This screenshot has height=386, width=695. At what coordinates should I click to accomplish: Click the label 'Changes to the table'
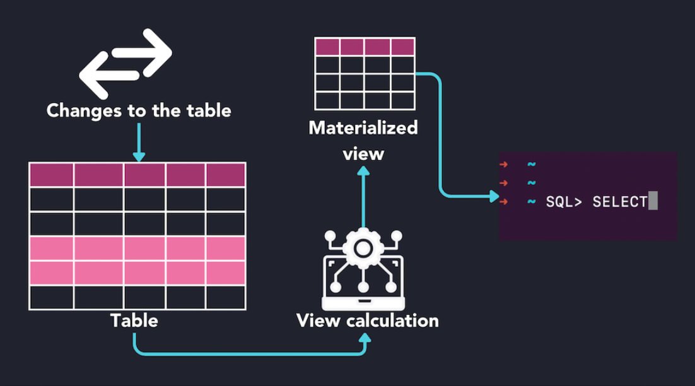tap(139, 112)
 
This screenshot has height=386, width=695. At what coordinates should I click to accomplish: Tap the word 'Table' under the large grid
tap(134, 320)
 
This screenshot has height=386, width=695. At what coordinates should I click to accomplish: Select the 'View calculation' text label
tap(368, 320)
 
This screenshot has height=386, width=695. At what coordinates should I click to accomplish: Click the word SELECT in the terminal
tap(619, 202)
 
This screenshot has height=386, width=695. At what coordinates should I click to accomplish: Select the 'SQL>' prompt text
tap(563, 202)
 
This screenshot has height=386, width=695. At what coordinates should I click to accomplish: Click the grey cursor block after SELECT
tap(653, 202)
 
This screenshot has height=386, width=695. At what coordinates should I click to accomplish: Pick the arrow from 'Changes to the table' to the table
tap(139, 142)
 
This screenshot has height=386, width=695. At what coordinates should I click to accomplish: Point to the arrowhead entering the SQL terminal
tap(493, 196)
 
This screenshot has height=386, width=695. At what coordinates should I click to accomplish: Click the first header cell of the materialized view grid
tap(327, 47)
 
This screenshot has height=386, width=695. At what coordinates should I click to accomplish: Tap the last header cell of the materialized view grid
tap(403, 47)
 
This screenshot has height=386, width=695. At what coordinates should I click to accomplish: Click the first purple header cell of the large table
tap(52, 175)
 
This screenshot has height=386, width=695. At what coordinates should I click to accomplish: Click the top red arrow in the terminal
tap(504, 165)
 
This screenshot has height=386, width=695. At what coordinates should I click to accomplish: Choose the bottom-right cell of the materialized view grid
tap(403, 100)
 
